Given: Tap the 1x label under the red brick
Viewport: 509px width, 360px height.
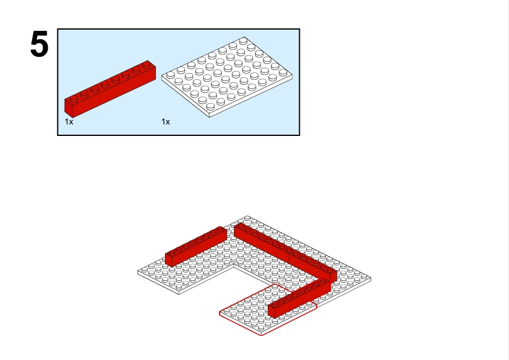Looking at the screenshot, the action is (x=69, y=121).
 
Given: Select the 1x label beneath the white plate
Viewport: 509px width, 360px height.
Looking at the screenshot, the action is (x=166, y=121).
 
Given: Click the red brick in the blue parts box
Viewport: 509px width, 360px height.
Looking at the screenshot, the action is (x=110, y=89).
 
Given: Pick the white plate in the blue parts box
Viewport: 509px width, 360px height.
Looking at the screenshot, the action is (x=227, y=77).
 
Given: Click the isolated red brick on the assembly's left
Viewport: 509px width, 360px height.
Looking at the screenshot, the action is (x=196, y=246).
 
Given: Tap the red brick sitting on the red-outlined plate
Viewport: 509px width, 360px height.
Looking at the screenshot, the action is (x=299, y=298).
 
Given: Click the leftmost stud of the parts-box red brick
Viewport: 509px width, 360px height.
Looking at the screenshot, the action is (x=74, y=99).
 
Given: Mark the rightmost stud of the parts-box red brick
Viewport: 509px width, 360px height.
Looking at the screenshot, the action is (x=147, y=65).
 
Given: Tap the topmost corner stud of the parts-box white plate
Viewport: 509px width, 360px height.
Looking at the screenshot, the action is (x=243, y=41).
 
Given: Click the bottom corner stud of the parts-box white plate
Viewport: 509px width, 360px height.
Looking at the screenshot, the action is (x=210, y=106).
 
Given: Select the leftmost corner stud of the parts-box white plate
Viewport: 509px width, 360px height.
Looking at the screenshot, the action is (x=170, y=76).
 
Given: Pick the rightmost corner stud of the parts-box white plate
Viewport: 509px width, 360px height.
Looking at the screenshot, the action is (x=283, y=72).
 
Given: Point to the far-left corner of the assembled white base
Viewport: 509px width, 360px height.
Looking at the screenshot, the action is (x=138, y=272).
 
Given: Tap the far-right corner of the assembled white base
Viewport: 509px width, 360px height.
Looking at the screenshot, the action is (x=371, y=278).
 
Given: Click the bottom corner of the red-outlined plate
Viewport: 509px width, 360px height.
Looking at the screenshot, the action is (x=261, y=335).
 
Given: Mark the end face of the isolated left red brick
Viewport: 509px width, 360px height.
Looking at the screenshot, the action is (x=169, y=260).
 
